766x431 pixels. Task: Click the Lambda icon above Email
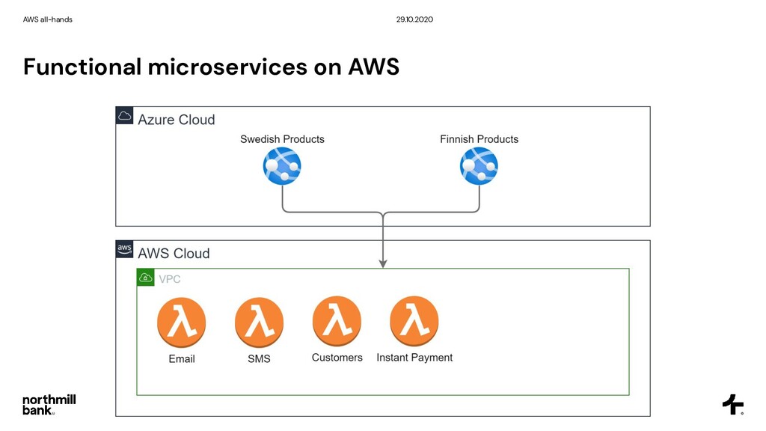click(181, 323)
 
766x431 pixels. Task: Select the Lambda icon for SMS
click(259, 323)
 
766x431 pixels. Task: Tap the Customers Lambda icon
click(337, 321)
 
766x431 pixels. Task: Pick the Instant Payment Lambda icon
click(414, 321)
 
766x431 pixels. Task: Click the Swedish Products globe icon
click(282, 166)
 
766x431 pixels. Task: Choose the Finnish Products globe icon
click(479, 166)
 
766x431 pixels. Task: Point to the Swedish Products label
click(282, 139)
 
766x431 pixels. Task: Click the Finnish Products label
click(479, 139)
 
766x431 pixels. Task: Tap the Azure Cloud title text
click(177, 120)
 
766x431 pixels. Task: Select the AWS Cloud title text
click(174, 254)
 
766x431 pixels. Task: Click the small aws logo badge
click(125, 248)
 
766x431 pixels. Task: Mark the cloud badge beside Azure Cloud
click(125, 115)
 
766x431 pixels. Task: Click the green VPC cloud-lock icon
click(146, 278)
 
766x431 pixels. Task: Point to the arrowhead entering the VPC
click(383, 264)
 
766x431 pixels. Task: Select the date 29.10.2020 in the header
click(414, 19)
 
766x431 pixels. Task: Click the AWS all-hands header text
click(47, 19)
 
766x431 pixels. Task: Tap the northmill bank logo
click(49, 405)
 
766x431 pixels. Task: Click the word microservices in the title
click(227, 67)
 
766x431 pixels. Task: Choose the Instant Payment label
click(414, 358)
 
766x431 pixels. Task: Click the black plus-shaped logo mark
click(733, 405)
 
